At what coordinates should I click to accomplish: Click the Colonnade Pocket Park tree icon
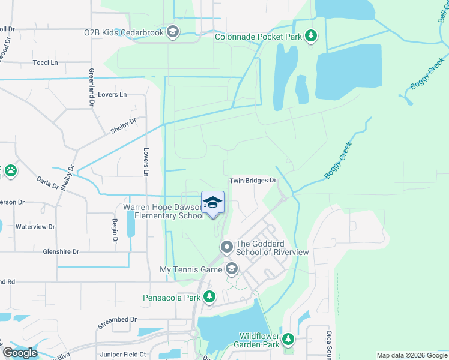310,37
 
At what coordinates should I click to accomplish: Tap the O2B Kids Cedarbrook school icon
173,32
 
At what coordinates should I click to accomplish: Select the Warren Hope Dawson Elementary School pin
212,203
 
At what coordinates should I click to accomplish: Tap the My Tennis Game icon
232,269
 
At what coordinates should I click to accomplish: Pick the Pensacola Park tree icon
209,297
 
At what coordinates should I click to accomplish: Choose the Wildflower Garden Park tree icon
288,340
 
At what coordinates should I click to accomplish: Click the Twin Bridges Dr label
252,180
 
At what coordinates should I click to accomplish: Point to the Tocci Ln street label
45,62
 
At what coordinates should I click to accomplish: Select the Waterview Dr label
35,227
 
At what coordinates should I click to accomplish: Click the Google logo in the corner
20,352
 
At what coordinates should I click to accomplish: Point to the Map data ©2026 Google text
411,355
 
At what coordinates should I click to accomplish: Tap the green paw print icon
11,171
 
